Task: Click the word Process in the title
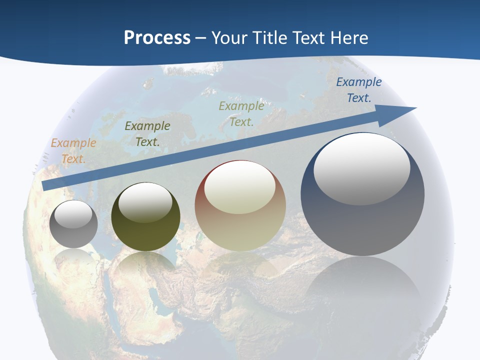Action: (x=157, y=37)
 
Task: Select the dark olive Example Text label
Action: (x=147, y=134)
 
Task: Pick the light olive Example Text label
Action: (x=241, y=113)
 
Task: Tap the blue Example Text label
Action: (x=359, y=90)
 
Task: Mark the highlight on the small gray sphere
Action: (x=73, y=214)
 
